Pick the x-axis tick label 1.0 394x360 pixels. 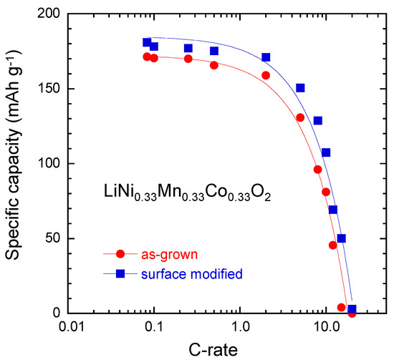point(240,328)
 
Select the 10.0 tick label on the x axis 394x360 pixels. point(326,328)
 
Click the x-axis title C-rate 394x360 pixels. point(213,350)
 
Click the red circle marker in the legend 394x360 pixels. point(120,254)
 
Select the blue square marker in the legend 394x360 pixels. point(120,273)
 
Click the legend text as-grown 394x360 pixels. point(169,255)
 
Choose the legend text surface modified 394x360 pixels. point(192,273)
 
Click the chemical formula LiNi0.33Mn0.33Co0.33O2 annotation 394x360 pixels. point(188,193)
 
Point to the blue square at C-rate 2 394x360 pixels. point(266,57)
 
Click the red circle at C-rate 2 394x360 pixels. point(266,75)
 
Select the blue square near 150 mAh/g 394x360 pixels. point(300,88)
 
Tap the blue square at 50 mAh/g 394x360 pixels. point(341,238)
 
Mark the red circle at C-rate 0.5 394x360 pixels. point(214,65)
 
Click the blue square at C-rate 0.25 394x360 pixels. point(188,48)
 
